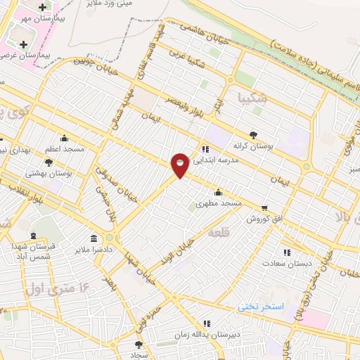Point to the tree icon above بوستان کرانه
[x=252, y=134]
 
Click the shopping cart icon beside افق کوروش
[x=264, y=208]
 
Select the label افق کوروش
[x=264, y=219]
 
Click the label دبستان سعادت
[x=286, y=263]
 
